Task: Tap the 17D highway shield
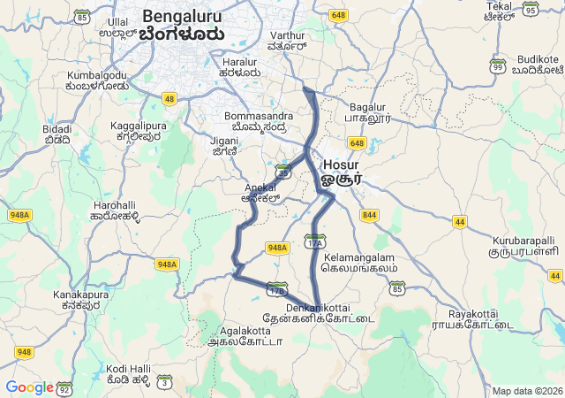[x=277, y=289]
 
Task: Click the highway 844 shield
[x=369, y=215]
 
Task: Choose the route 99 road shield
[x=498, y=66]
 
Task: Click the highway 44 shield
[x=459, y=221]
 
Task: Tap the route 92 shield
[x=64, y=387]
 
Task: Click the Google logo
[x=29, y=387]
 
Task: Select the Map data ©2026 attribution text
[x=527, y=391]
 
